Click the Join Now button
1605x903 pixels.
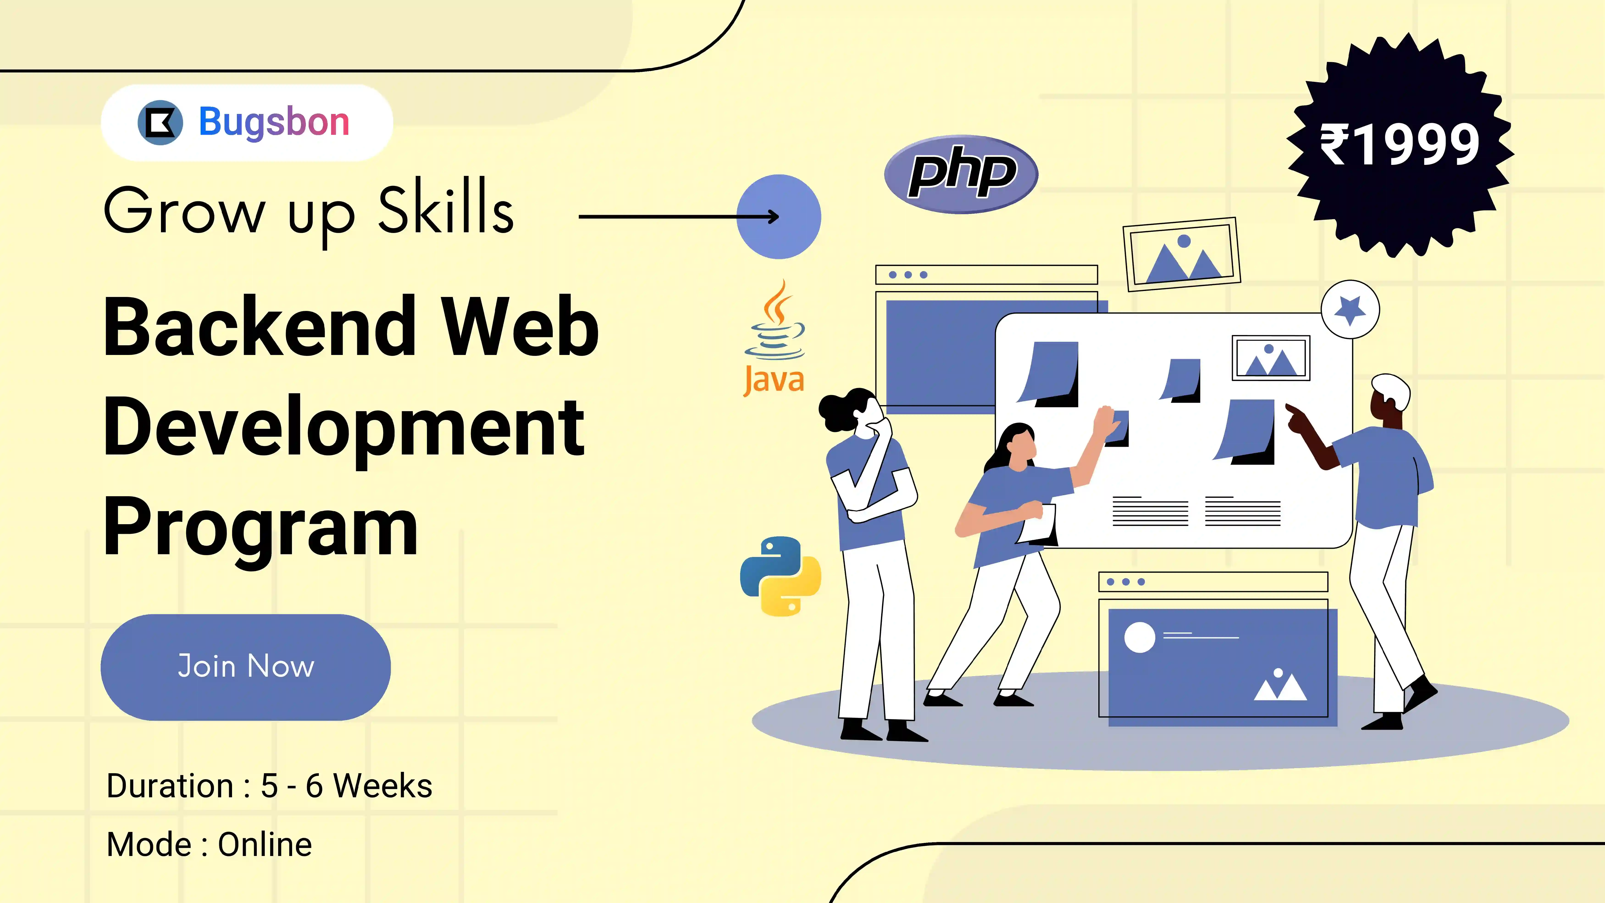tap(246, 667)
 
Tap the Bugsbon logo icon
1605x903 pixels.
tap(160, 122)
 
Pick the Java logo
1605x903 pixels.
tap(775, 338)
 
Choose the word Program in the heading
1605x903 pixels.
tap(260, 530)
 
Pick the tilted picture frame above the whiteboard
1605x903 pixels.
tap(1181, 254)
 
